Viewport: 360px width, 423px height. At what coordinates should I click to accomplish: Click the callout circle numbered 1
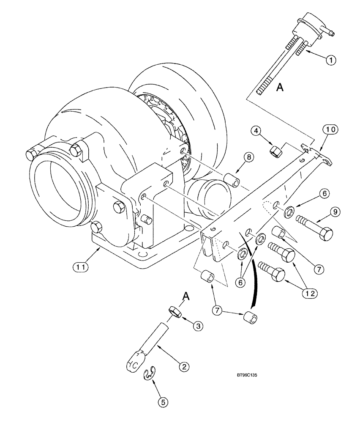331,60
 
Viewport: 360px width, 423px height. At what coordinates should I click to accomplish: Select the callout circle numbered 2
183,367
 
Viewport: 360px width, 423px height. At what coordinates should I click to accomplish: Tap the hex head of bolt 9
325,233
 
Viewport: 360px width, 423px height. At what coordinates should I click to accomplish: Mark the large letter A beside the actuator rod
279,88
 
